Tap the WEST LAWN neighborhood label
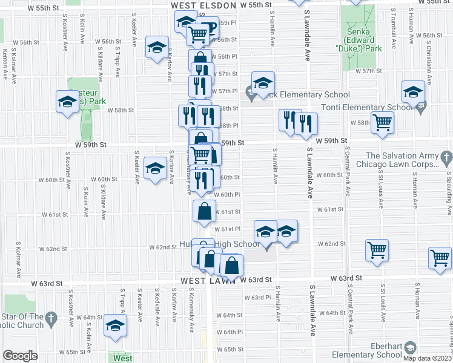point(208,281)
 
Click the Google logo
point(20,355)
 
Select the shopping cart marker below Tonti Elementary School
point(383,122)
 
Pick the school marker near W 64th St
point(114,325)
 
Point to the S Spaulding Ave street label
point(449,194)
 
